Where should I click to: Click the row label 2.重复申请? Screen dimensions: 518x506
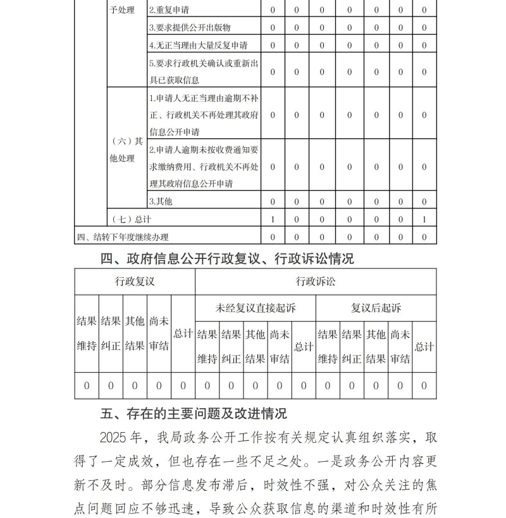click(169, 11)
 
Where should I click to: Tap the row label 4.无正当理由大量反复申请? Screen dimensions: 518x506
click(198, 45)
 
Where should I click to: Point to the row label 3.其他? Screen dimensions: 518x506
click(161, 202)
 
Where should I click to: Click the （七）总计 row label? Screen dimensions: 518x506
click(132, 219)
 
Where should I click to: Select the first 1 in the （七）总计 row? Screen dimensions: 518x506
click(273, 219)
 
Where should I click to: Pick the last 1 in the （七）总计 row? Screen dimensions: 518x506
click(424, 219)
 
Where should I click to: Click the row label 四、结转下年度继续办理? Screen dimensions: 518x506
click(123, 237)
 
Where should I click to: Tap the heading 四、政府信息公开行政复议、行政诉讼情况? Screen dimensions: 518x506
click(228, 258)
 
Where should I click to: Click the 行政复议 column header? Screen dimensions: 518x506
click(135, 282)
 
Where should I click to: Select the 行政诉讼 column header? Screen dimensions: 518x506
click(316, 282)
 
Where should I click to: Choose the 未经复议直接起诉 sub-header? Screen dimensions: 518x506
click(256, 308)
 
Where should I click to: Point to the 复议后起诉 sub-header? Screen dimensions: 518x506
click(376, 308)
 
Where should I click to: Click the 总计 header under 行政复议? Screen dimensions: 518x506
click(183, 334)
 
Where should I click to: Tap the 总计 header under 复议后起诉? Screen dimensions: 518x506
click(424, 347)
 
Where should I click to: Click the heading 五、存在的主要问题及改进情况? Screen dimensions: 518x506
click(194, 414)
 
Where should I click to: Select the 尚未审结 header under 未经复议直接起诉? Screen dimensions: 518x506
click(280, 347)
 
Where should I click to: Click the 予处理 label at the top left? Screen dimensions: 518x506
click(122, 11)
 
